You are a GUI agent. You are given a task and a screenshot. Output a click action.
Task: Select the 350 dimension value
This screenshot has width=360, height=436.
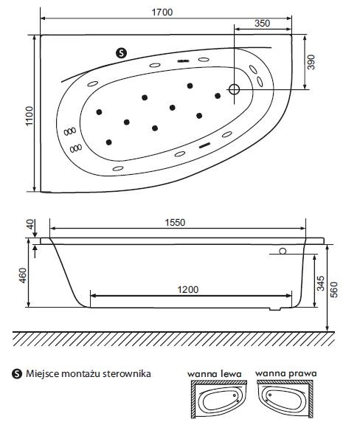tap(262, 23)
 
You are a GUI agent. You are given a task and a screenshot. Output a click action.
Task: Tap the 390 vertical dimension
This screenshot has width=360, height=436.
tap(312, 62)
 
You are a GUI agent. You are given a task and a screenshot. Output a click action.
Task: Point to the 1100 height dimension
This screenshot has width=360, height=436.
tap(29, 111)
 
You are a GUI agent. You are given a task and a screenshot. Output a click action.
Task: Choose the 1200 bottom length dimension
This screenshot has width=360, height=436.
tap(187, 290)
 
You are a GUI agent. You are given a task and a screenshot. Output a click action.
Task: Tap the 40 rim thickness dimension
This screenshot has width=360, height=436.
tap(30, 226)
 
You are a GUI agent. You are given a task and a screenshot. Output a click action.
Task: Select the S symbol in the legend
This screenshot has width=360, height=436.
tap(17, 373)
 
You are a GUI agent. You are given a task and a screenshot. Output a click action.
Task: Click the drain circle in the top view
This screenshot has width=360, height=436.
tap(235, 90)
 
